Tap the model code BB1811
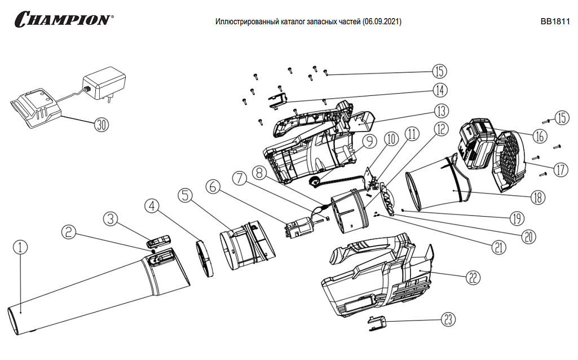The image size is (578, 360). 555,22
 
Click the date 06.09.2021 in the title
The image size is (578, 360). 382,22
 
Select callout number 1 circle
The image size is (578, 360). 20,247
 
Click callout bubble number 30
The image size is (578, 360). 101,125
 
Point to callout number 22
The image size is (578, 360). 473,276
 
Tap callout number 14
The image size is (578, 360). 440,90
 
